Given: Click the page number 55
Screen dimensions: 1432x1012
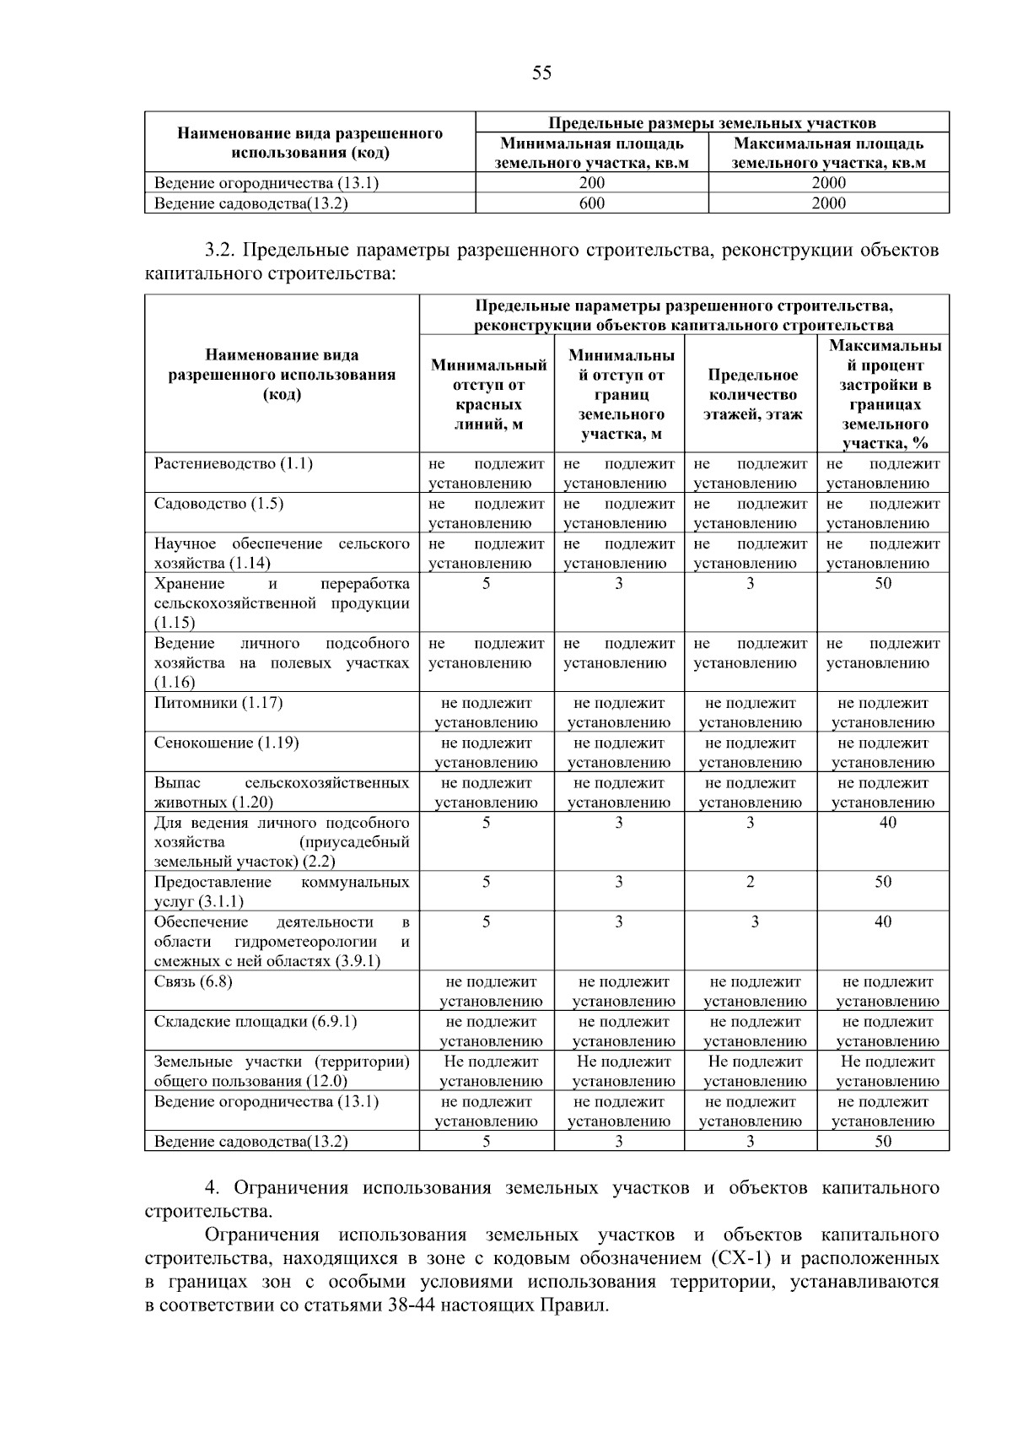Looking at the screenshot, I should [542, 73].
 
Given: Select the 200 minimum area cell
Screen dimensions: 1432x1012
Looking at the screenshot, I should [592, 183].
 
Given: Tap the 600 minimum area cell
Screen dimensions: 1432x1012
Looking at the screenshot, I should [592, 203].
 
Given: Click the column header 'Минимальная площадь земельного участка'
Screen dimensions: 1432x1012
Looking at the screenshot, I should [592, 153].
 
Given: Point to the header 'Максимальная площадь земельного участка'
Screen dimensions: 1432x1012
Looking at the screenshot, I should [829, 153].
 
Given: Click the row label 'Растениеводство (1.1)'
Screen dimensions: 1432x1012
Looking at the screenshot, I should [234, 464].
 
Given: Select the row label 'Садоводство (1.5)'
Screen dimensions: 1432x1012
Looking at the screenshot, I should [218, 504].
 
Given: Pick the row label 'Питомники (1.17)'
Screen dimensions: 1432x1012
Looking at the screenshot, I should [218, 703].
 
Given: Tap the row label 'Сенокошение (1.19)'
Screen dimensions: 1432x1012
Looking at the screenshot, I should [226, 743].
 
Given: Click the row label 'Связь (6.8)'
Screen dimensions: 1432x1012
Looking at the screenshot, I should [193, 981].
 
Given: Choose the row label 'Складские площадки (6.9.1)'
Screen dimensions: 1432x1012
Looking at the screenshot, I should [256, 1022].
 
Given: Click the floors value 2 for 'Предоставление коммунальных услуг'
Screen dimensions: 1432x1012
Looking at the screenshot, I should [751, 882].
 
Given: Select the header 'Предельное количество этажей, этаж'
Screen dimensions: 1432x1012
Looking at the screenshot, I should [752, 394].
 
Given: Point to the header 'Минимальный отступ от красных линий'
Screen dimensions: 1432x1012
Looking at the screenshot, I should [488, 394].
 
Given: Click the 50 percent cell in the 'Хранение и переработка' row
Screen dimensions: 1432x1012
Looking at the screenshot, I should [883, 584].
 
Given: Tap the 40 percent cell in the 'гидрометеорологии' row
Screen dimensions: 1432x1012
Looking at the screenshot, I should [883, 922].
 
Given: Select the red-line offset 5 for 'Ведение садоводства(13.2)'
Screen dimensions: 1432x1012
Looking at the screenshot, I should [487, 1142].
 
